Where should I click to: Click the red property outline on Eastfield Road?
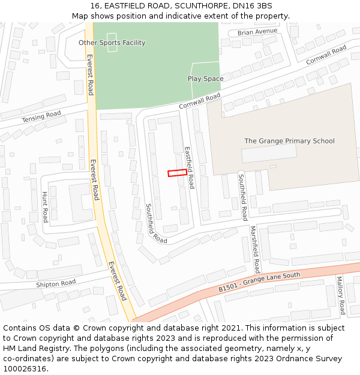click(177, 173)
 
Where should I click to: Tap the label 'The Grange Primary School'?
click(289, 141)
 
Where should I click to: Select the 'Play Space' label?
click(205, 79)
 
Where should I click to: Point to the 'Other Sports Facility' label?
click(112, 43)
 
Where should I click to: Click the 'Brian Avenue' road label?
click(257, 31)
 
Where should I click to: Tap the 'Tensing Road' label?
click(41, 116)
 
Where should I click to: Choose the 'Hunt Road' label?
click(44, 207)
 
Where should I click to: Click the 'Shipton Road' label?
click(56, 283)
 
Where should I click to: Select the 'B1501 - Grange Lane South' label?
click(259, 283)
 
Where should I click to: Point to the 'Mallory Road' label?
click(340, 295)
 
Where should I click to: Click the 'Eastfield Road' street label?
click(189, 168)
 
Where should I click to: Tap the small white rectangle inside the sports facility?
click(112, 42)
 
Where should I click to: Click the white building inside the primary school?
click(269, 154)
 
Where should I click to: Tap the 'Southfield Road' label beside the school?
click(242, 197)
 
